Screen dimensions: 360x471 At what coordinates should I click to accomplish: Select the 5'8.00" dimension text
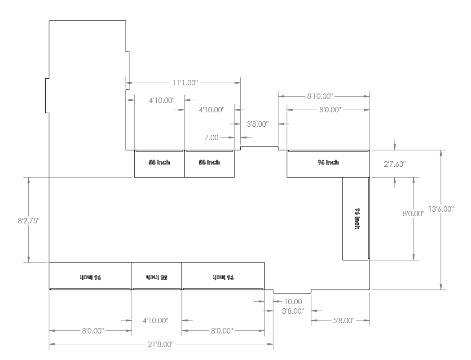(x=341, y=320)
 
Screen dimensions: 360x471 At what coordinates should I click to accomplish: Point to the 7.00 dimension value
(x=211, y=137)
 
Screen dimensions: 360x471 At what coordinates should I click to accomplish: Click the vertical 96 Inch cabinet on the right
(x=356, y=219)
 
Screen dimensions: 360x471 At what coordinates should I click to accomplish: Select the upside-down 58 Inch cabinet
(x=157, y=275)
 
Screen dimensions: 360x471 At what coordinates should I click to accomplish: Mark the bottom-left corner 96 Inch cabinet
(x=90, y=275)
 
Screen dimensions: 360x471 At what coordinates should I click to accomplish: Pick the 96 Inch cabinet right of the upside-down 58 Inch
(x=223, y=275)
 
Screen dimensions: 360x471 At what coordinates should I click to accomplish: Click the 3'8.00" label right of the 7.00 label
(x=258, y=124)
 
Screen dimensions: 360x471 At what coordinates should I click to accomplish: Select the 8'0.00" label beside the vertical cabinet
(x=414, y=214)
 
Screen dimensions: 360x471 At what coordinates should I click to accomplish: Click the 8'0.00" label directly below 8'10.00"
(x=327, y=109)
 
